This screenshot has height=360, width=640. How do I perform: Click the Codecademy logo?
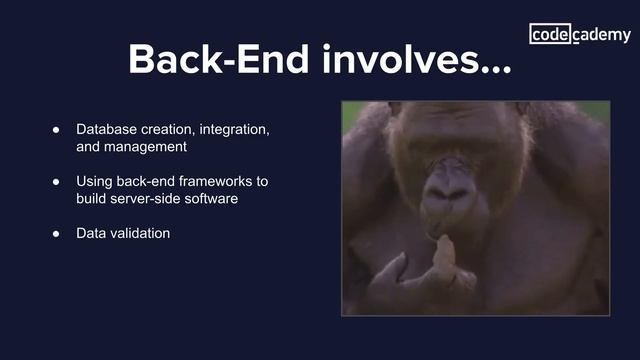tap(580, 35)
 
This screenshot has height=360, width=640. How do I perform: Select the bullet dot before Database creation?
tap(58, 131)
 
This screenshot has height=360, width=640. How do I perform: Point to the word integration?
tap(233, 131)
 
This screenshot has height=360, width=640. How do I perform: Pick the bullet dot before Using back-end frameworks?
tap(58, 182)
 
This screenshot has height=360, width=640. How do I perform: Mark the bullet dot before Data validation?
tap(58, 233)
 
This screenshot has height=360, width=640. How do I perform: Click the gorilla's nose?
tap(449, 181)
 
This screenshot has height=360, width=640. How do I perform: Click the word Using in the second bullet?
tap(95, 182)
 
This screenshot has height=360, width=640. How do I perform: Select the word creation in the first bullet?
tap(171, 131)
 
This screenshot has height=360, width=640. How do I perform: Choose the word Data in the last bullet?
tap(92, 233)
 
